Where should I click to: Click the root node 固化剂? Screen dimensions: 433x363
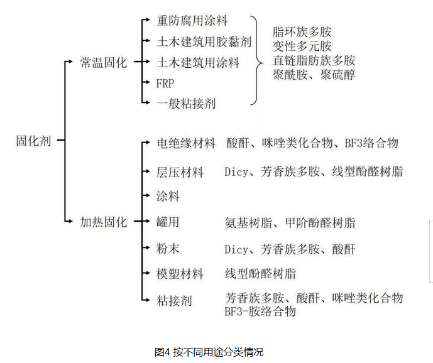(33, 141)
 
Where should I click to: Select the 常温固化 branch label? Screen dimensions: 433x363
(104, 63)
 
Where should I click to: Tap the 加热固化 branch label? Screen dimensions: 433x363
(104, 222)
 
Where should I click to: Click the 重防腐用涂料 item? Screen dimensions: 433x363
(192, 21)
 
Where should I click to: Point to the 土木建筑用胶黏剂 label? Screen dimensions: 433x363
(204, 41)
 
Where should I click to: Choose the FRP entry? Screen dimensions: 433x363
(165, 84)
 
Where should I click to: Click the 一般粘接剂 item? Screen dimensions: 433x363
(186, 104)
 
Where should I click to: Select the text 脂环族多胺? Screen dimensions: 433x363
(302, 32)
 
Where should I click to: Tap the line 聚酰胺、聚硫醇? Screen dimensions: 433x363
(314, 75)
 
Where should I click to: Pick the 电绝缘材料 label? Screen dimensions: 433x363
(186, 143)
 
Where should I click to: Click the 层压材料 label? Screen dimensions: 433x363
(180, 172)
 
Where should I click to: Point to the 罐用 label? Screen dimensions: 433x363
(168, 222)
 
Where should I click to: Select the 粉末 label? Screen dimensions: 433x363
(168, 248)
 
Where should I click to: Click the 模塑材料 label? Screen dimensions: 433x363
(180, 274)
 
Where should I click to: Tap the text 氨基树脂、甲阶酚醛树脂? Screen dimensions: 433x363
(290, 223)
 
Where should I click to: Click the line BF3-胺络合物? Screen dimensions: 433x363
(260, 312)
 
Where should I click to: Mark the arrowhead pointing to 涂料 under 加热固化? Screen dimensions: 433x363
(147, 195)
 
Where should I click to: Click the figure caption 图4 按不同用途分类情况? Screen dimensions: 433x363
(209, 352)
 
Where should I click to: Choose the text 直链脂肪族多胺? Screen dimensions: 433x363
(314, 60)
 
